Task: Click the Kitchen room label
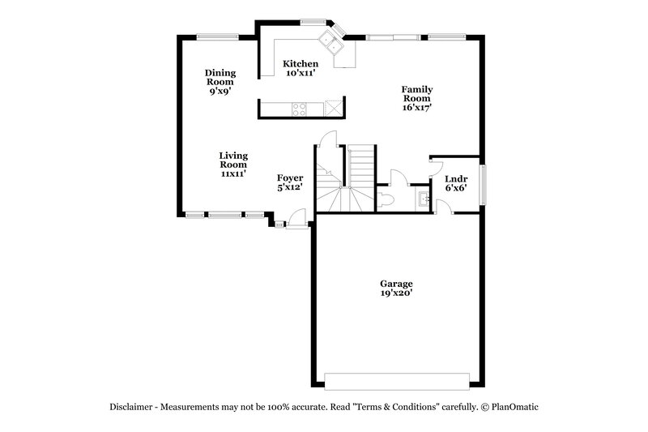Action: [300, 64]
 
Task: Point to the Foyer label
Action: [289, 178]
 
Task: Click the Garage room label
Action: [396, 284]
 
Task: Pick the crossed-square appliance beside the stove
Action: [333, 109]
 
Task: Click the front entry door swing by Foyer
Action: [297, 218]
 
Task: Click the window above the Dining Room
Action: [217, 35]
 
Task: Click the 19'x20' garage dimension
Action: [396, 295]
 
